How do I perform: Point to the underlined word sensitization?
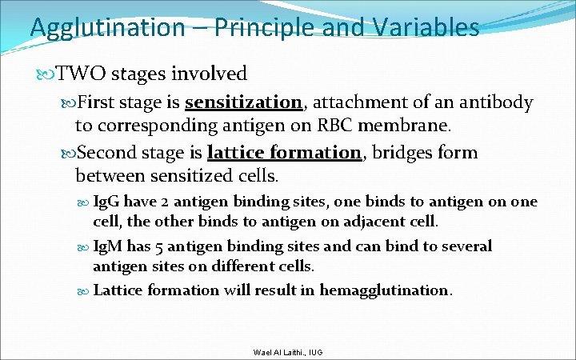click(243, 103)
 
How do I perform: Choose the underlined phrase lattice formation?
click(284, 153)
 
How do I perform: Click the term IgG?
click(106, 202)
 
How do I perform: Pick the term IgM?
click(108, 246)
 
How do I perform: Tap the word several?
click(465, 246)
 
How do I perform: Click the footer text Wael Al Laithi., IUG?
click(287, 351)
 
